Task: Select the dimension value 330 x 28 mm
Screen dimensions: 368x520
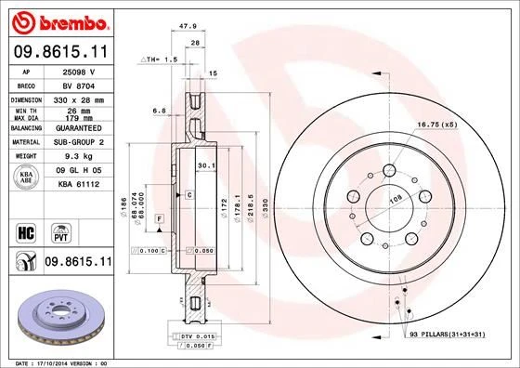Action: click(x=76, y=98)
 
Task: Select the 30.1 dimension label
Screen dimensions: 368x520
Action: click(x=206, y=168)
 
